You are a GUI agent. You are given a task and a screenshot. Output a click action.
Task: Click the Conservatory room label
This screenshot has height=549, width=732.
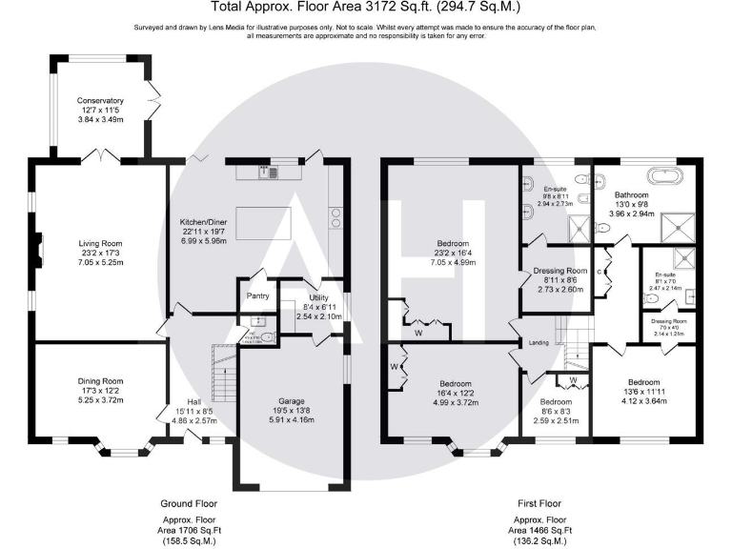click(101, 100)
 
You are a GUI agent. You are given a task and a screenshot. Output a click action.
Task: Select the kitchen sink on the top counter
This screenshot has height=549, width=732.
click(272, 173)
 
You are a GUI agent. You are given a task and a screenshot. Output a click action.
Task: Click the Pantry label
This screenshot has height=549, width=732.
click(256, 296)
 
